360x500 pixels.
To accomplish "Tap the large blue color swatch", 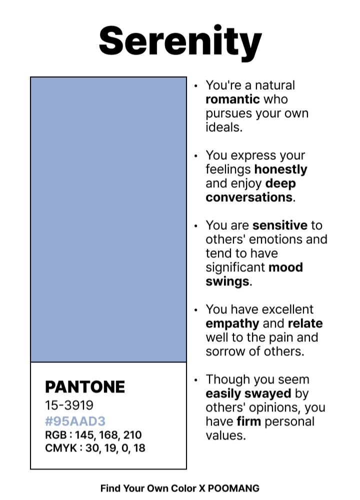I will pos(108,219).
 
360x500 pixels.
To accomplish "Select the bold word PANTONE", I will pos(85,387).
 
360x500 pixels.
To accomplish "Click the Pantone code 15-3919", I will pos(69,405).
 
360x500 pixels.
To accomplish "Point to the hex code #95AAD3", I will pos(75,421).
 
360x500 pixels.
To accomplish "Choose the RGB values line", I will pos(93,434).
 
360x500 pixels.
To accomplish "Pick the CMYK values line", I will pos(95,448).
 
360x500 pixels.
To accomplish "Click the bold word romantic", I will pos(232,99).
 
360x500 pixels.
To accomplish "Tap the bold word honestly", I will pos(280,169).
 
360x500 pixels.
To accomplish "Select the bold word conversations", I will pos(249,197).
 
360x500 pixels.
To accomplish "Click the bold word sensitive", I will pos(280,225).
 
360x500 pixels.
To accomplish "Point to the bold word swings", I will pos(227,281).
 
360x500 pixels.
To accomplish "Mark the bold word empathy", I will pos(232,323).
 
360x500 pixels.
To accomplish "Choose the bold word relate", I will pos(305,323).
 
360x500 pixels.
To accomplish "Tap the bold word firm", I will pos(248,421).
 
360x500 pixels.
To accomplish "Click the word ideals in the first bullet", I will pos(223,127).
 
